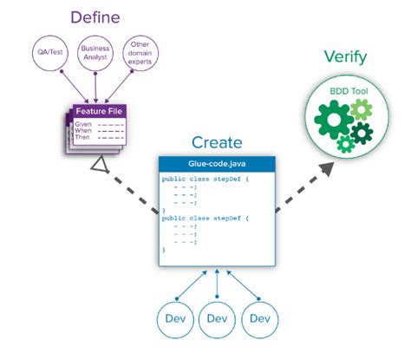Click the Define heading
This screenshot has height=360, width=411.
95,17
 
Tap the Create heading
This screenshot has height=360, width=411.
205,141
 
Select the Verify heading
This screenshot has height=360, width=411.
345,58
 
